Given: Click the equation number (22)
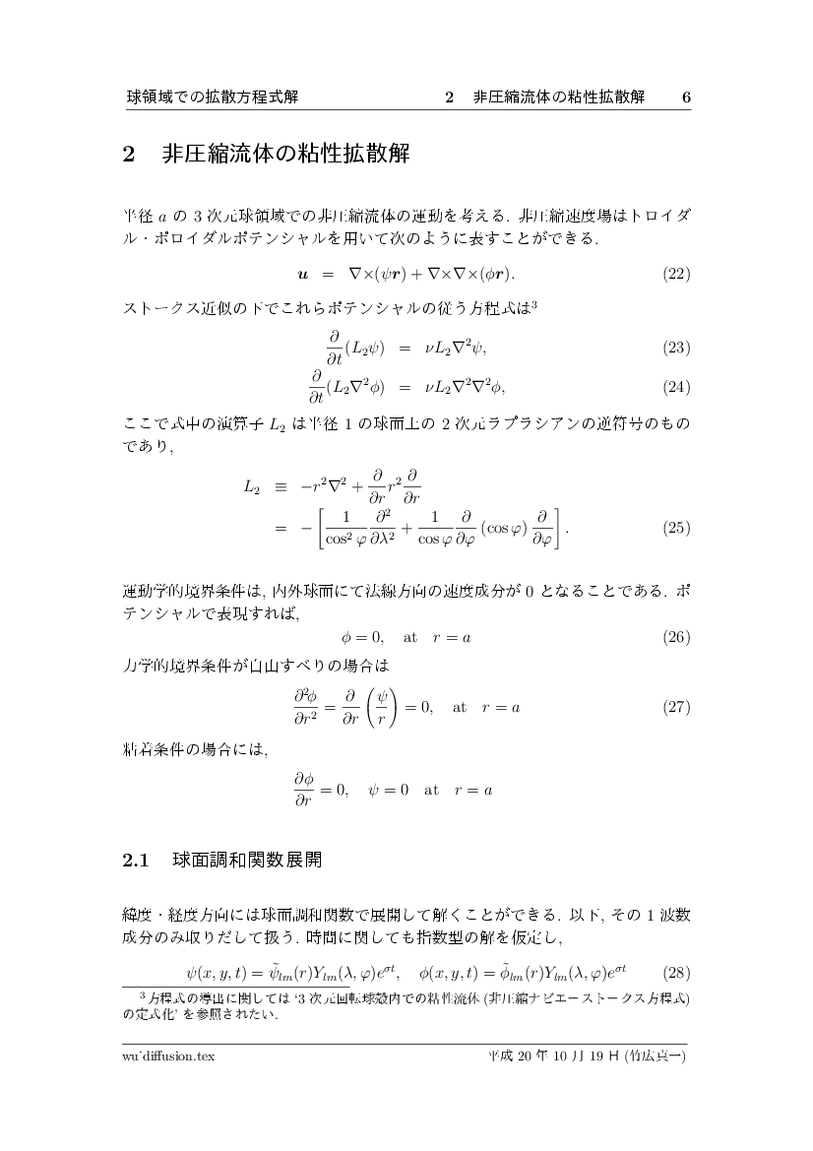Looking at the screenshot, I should (676, 273).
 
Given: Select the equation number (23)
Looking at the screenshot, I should (676, 348).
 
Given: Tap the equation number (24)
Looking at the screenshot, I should (676, 386).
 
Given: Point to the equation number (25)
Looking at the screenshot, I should (676, 527).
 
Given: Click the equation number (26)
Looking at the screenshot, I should (676, 637).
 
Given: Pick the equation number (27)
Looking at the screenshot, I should (676, 707).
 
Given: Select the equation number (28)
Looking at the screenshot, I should (676, 974).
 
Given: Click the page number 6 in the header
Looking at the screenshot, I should (686, 97).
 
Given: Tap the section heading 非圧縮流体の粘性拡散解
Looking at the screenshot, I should (284, 155).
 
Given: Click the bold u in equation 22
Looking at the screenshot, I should (303, 273).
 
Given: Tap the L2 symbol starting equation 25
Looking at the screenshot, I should (252, 486).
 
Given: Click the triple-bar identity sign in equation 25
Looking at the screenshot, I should (281, 486).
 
